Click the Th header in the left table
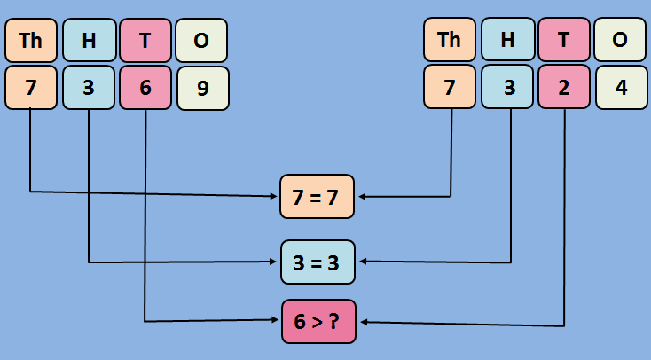(31, 40)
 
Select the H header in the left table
(88, 40)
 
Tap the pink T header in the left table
(145, 40)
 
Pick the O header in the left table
(201, 40)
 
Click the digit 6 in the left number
(145, 88)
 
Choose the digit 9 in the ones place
(202, 88)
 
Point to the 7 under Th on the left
(31, 88)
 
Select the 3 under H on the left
(88, 88)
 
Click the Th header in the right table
(450, 40)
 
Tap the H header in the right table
(507, 40)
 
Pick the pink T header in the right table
(564, 40)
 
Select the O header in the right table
(620, 40)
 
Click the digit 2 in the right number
(564, 88)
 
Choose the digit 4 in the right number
(621, 88)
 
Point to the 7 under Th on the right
(450, 88)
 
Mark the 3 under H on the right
(507, 88)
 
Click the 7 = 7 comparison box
(317, 197)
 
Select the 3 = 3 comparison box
(318, 262)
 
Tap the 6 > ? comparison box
(318, 322)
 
